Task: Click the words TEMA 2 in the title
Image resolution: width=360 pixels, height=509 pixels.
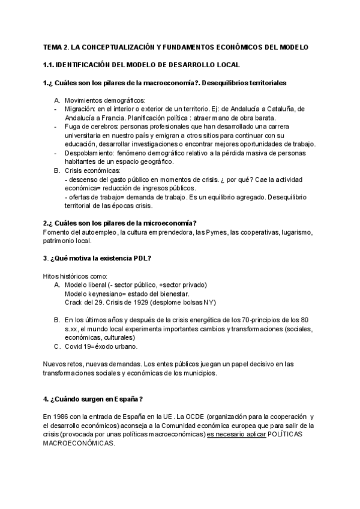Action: [57, 47]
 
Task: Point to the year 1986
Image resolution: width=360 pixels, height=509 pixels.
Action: [63, 416]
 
